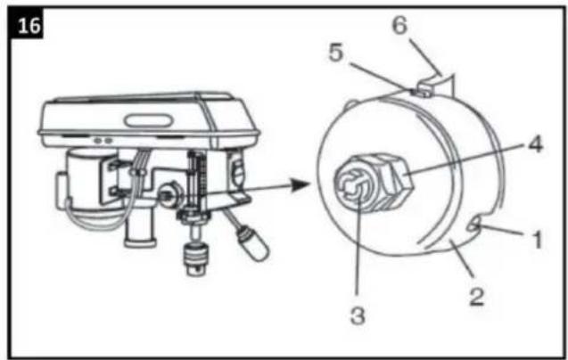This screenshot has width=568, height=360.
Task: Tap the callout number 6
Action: pyautogui.click(x=399, y=26)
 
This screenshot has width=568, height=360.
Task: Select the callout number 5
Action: pyautogui.click(x=335, y=53)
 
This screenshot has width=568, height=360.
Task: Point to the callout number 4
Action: pyautogui.click(x=535, y=144)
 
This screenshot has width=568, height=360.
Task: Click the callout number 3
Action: pyautogui.click(x=358, y=315)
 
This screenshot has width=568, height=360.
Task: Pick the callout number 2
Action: pyautogui.click(x=477, y=297)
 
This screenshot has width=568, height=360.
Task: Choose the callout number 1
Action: pyautogui.click(x=538, y=240)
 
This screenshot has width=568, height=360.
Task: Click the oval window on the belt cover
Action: pyautogui.click(x=148, y=120)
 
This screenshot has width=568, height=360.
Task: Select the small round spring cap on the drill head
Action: pyautogui.click(x=169, y=195)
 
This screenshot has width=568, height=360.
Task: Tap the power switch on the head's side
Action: pyautogui.click(x=238, y=170)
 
